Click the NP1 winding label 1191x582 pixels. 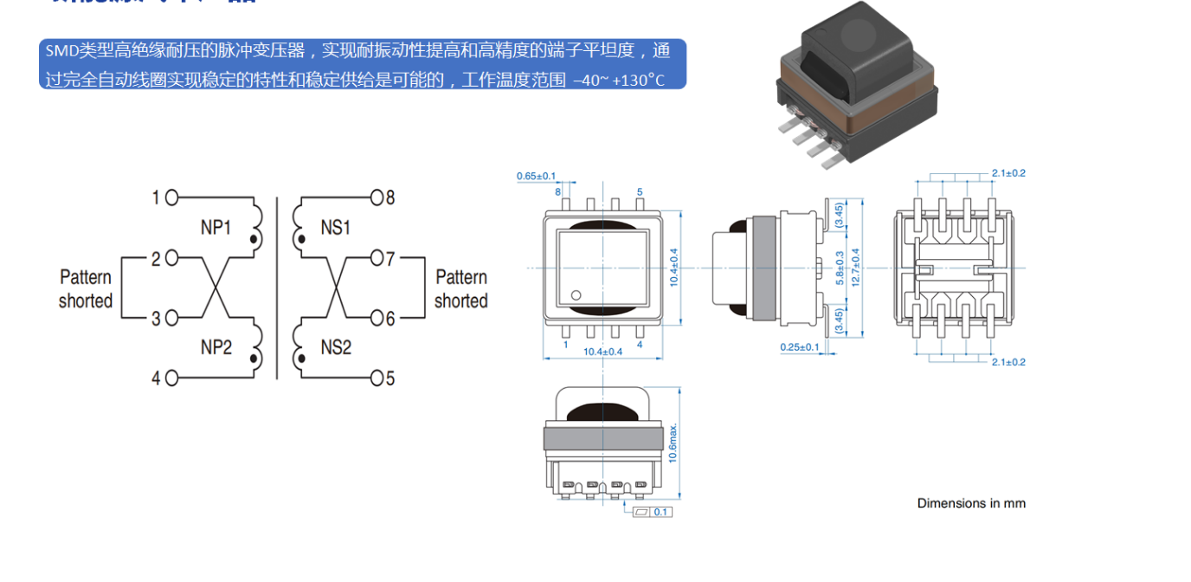pos(216,228)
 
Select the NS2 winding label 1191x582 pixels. pos(336,347)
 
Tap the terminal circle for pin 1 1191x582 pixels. pos(171,198)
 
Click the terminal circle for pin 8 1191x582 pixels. pos(376,197)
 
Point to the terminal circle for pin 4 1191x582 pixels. pos(171,378)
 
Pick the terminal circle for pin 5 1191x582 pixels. pos(376,378)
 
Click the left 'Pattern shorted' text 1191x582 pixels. pos(86,288)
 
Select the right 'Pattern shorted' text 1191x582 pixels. pos(460,288)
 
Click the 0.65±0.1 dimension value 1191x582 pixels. pos(536,176)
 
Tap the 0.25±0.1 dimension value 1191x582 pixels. pos(799,347)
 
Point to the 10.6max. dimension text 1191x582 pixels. pos(673,442)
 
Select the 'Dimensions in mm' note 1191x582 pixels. pos(971,503)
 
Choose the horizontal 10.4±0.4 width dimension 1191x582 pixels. pos(602,352)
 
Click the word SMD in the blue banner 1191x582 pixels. pos(61,50)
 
